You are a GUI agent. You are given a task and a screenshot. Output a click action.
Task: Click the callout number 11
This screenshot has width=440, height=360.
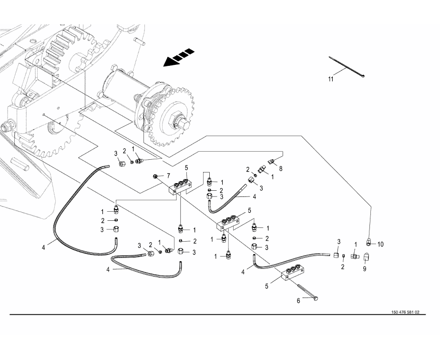click(331, 79)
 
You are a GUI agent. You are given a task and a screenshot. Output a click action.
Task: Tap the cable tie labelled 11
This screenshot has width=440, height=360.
click(347, 66)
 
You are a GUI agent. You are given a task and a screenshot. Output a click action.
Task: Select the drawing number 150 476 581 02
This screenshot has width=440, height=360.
click(405, 312)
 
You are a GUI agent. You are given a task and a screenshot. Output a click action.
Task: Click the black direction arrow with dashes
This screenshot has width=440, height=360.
click(179, 58)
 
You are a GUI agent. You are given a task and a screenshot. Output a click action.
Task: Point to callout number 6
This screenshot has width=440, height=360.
click(298, 301)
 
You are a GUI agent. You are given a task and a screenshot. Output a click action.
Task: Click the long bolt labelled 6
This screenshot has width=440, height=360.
click(308, 292)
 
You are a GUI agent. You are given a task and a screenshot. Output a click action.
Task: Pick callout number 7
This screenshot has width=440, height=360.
click(168, 176)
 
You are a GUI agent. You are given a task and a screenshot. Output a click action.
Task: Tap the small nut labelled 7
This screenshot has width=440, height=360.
click(155, 176)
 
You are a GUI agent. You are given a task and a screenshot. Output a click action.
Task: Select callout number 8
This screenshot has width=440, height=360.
click(281, 169)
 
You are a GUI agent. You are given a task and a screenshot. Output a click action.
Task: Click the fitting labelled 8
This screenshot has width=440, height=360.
click(271, 161)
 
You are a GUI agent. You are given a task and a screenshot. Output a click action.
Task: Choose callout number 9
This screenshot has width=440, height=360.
click(365, 269)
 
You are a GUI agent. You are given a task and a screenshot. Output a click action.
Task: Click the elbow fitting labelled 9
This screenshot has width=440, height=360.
click(366, 257)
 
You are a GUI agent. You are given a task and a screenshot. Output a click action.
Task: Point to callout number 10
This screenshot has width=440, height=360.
click(380, 245)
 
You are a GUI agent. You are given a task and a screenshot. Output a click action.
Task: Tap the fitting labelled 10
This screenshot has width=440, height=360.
click(369, 241)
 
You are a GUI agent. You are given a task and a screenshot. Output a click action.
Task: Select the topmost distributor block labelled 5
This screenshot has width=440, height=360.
click(180, 186)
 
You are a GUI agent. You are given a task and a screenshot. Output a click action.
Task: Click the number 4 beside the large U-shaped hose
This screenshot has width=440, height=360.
click(43, 248)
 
